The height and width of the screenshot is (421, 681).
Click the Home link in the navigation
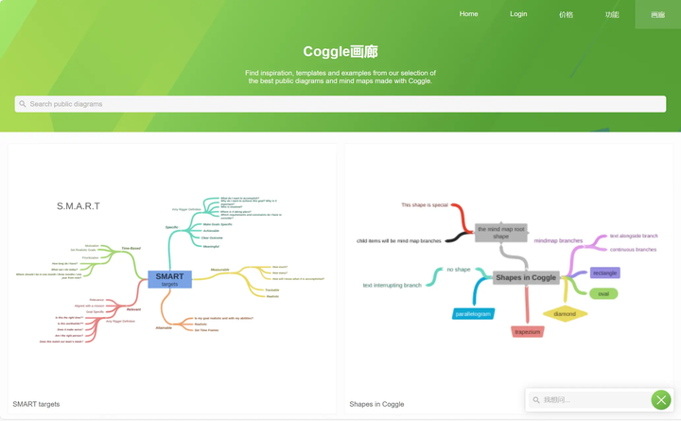(x=468, y=14)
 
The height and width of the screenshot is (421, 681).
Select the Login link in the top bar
(x=518, y=14)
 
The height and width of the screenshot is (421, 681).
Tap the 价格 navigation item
(x=566, y=15)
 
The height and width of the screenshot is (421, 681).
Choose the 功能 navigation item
(x=612, y=15)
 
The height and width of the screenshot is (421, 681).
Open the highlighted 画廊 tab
(x=657, y=15)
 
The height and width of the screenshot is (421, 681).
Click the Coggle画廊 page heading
(x=340, y=52)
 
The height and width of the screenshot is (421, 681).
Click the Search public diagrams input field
(x=340, y=104)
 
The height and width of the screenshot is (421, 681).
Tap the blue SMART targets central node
(x=170, y=279)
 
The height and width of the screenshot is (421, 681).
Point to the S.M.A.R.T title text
(x=79, y=206)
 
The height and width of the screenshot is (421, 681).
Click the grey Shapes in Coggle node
(x=526, y=277)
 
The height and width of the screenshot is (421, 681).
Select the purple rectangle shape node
(x=604, y=272)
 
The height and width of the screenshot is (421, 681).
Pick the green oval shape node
(x=603, y=293)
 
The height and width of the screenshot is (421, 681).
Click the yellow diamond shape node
(x=565, y=314)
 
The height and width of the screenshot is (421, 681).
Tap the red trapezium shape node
(x=528, y=332)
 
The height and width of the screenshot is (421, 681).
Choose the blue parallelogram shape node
(x=473, y=314)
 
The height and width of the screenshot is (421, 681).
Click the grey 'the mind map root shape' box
(x=500, y=232)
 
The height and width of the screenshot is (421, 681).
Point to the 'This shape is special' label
(x=425, y=205)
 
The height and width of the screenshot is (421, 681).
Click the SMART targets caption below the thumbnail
(x=36, y=404)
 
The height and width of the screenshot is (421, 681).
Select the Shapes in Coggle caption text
(x=376, y=404)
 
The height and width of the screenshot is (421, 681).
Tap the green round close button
(x=661, y=400)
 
